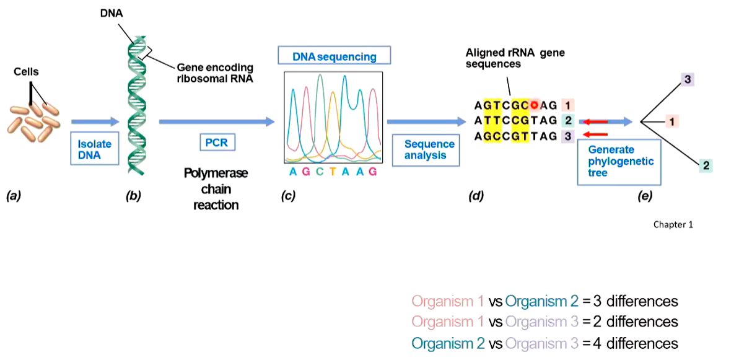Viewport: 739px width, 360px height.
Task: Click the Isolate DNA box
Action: click(95, 149)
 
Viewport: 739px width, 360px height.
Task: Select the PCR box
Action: click(217, 143)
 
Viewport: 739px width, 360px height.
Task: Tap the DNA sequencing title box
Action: click(335, 56)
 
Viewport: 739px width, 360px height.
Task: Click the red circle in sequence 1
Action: click(535, 105)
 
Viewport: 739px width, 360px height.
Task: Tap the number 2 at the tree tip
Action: click(706, 165)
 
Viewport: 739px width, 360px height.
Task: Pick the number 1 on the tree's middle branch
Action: click(671, 122)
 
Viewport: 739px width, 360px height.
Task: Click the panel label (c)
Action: click(287, 196)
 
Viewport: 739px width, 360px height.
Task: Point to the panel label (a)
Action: click(14, 196)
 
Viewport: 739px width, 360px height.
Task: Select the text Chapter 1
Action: click(673, 224)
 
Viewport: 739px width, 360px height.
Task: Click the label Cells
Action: click(26, 72)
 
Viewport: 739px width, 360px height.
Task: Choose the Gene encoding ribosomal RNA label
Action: click(215, 72)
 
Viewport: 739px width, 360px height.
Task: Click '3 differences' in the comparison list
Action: click(636, 302)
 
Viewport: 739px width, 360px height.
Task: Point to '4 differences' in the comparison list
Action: click(636, 343)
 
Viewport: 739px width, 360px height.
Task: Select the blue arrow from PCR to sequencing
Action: click(216, 122)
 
